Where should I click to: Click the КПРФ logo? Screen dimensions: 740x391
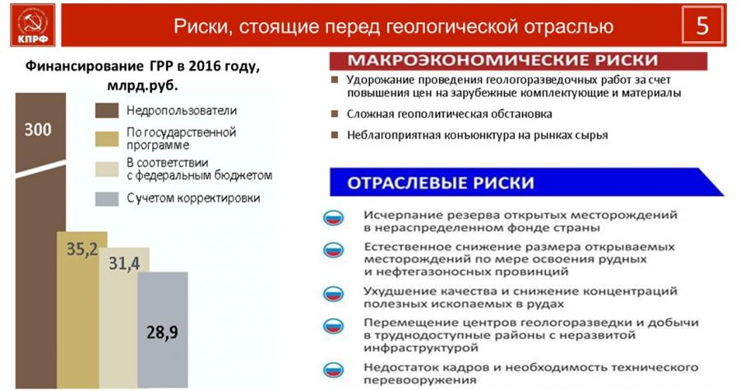[x=33, y=25]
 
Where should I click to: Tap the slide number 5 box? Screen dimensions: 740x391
[x=702, y=25]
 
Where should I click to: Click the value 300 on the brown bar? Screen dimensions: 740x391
[x=38, y=129]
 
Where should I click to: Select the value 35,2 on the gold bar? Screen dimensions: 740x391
[x=81, y=249]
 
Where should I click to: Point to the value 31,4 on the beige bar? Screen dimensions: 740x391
[x=124, y=263]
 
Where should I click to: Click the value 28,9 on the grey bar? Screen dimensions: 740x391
[x=162, y=333]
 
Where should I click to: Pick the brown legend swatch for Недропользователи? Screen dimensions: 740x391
[x=107, y=110]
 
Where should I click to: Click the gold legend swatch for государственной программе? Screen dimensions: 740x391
[x=107, y=139]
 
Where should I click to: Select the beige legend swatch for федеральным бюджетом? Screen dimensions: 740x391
[x=107, y=169]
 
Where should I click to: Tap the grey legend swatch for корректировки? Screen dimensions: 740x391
[x=107, y=199]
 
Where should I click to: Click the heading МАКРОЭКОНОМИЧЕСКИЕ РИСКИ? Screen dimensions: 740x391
[x=502, y=60]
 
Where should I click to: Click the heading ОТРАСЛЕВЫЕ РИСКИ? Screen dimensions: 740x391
[x=441, y=183]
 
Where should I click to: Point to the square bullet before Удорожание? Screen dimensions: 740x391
[x=335, y=80]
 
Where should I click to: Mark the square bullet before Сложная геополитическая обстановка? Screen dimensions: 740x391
[x=335, y=114]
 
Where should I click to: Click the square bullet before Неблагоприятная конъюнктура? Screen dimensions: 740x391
[x=335, y=135]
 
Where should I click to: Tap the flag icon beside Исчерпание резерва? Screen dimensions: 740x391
[x=333, y=218]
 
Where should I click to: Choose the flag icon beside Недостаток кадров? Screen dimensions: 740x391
[x=333, y=370]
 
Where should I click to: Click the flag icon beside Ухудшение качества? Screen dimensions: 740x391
[x=333, y=294]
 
